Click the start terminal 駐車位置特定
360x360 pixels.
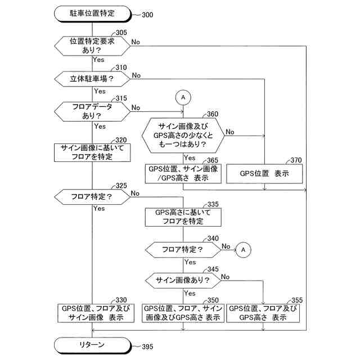(x=93, y=12)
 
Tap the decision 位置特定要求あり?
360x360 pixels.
(x=93, y=46)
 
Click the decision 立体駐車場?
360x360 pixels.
(x=93, y=79)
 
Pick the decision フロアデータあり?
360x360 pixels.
(x=93, y=110)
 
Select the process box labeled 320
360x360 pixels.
(x=93, y=152)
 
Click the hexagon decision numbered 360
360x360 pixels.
(x=183, y=136)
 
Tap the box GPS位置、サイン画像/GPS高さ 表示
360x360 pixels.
(x=183, y=174)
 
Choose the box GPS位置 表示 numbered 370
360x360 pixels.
(x=264, y=174)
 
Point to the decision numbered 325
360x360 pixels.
(x=93, y=197)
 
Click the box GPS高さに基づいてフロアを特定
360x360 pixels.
(x=183, y=217)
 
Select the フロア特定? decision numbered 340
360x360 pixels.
(x=183, y=248)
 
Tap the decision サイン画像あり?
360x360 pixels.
(x=183, y=280)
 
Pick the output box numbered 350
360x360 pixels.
(x=183, y=313)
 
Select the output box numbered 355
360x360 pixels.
(x=264, y=313)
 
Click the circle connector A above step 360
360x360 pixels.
(x=183, y=97)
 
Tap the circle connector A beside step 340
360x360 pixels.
(x=243, y=248)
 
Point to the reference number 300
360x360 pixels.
(x=148, y=14)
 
